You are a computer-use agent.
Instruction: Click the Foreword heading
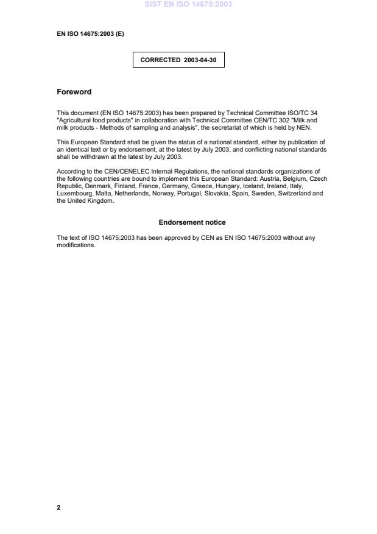click(74, 92)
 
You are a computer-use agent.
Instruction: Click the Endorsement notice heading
click(192, 222)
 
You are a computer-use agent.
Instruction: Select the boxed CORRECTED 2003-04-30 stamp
click(178, 60)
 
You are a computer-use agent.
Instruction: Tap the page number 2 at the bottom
click(58, 507)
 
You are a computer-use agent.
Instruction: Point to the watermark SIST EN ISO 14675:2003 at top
click(188, 4)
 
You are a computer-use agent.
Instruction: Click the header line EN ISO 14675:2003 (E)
click(90, 34)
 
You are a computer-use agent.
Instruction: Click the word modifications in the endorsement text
click(76, 245)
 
